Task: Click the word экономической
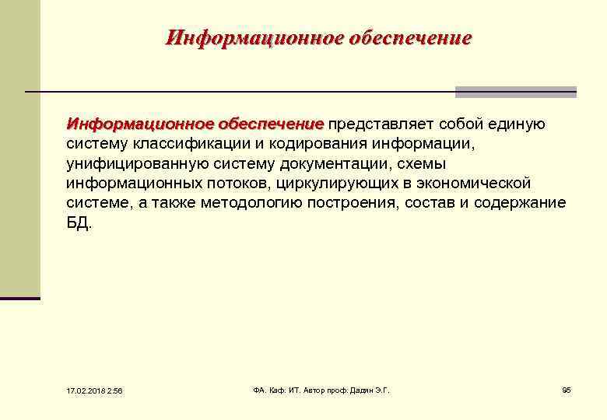point(475,184)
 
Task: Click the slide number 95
point(567,389)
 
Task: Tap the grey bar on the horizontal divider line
point(515,92)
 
